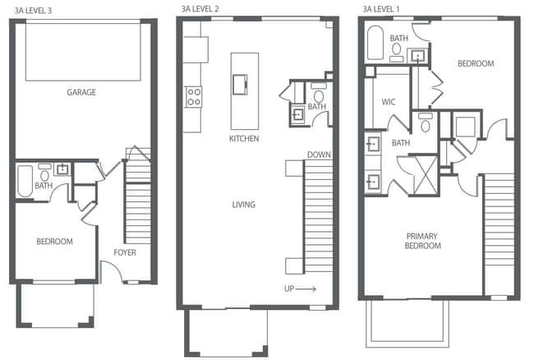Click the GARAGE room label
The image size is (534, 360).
pyautogui.click(x=81, y=93)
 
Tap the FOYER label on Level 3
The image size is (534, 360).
pyautogui.click(x=125, y=252)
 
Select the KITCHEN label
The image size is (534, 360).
pyautogui.click(x=244, y=139)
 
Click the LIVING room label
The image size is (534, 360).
pyautogui.click(x=243, y=205)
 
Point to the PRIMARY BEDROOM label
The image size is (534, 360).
pyautogui.click(x=422, y=241)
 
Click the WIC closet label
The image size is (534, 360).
pyautogui.click(x=389, y=103)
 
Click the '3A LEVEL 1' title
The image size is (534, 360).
pyautogui.click(x=381, y=9)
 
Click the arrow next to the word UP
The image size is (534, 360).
pyautogui.click(x=306, y=289)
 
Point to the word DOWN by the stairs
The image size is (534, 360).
pyautogui.click(x=319, y=155)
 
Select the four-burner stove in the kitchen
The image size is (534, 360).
pyautogui.click(x=194, y=97)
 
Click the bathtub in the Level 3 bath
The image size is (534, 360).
pyautogui.click(x=23, y=180)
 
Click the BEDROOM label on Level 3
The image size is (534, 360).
pyautogui.click(x=54, y=242)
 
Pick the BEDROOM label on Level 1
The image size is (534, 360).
pyautogui.click(x=475, y=63)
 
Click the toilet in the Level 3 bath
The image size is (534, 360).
pyautogui.click(x=44, y=174)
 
